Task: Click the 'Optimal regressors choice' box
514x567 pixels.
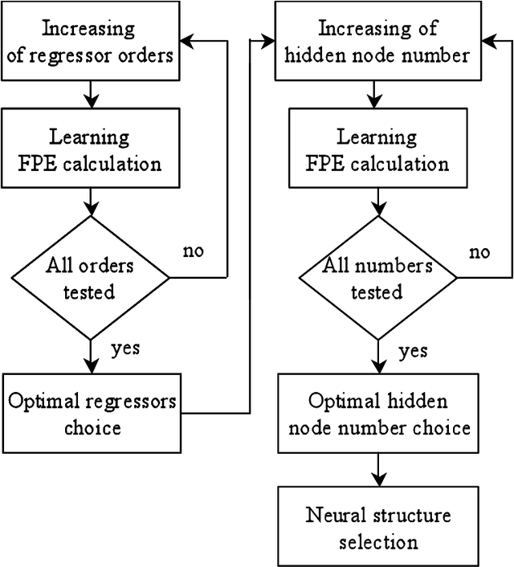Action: coord(92,414)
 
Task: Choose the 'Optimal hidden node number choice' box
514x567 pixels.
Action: coord(378,414)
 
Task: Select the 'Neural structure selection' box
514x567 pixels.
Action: coord(378,528)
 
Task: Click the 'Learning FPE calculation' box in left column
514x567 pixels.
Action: coord(92,149)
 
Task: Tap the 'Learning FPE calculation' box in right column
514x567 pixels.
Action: coord(378,149)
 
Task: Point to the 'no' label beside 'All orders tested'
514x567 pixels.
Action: coord(194,251)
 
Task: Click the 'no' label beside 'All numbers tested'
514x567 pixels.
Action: coord(479,252)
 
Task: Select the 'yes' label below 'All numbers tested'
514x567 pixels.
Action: coord(413,351)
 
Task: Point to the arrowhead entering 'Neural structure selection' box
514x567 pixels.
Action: coord(378,480)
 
